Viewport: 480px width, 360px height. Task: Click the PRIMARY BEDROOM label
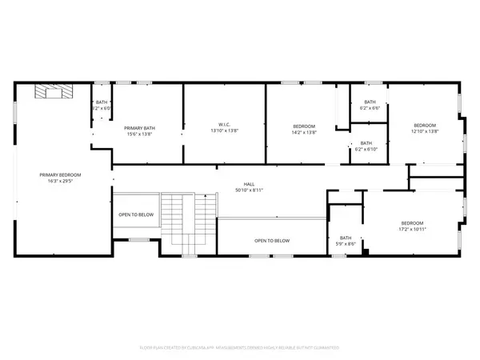(61, 174)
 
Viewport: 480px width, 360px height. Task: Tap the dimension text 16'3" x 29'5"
(61, 181)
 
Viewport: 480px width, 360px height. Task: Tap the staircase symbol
(188, 219)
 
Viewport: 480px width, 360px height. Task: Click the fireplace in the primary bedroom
(51, 93)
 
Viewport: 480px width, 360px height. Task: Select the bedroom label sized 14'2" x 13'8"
(304, 126)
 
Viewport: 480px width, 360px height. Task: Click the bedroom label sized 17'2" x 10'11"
(412, 223)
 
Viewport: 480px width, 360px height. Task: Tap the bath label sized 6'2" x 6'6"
(370, 102)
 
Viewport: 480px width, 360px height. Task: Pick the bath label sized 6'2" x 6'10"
(365, 143)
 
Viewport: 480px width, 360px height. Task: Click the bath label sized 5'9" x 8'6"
(346, 238)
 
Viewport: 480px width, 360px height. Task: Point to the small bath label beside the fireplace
(102, 102)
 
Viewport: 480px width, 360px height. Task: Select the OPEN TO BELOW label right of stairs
(272, 241)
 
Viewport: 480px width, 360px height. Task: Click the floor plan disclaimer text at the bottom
(240, 348)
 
